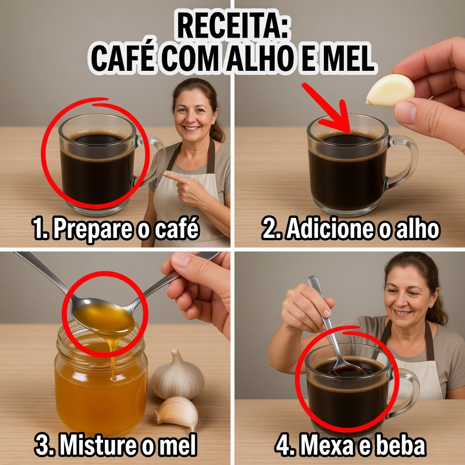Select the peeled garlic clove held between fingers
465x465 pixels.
(390, 90)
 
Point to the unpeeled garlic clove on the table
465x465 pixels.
(178, 412)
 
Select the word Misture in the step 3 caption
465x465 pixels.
(99, 445)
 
